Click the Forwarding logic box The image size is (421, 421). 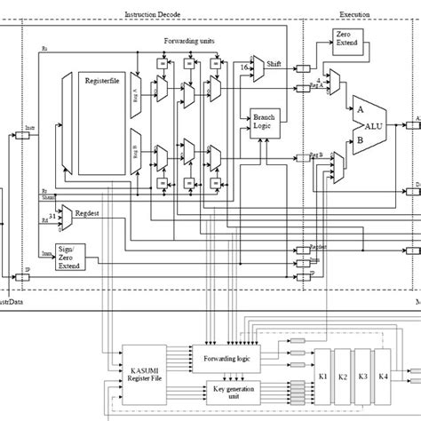[233, 360]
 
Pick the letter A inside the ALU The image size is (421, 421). [361, 110]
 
